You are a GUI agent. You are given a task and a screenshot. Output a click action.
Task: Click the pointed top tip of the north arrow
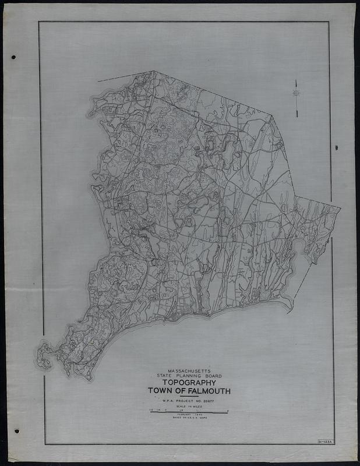click(x=296, y=81)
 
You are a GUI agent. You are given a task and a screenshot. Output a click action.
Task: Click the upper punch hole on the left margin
click(x=13, y=57)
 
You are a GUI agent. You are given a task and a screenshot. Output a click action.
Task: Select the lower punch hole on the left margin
click(x=16, y=431)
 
